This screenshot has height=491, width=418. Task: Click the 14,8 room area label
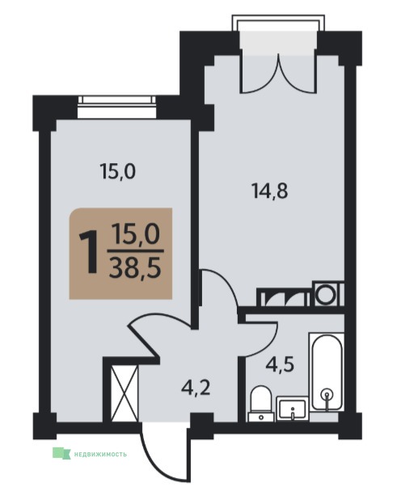coord(270,191)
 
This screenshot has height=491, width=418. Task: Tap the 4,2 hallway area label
coord(196,388)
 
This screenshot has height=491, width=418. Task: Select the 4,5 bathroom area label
coord(280,364)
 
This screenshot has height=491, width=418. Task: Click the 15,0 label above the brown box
coord(117,171)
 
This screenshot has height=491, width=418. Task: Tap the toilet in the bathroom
coord(261,403)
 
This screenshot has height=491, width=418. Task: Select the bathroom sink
coord(292,408)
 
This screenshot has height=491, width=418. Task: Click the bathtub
coord(327,372)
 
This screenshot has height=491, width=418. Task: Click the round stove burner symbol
coord(325,295)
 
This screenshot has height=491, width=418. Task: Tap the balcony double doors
coord(278,74)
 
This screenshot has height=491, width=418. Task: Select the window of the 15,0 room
coord(117,107)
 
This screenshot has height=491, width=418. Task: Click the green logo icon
coord(61,453)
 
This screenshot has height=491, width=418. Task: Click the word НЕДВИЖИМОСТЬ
coord(100,454)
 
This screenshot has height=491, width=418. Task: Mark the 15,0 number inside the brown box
coord(137,234)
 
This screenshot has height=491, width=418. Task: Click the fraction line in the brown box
coord(136,251)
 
